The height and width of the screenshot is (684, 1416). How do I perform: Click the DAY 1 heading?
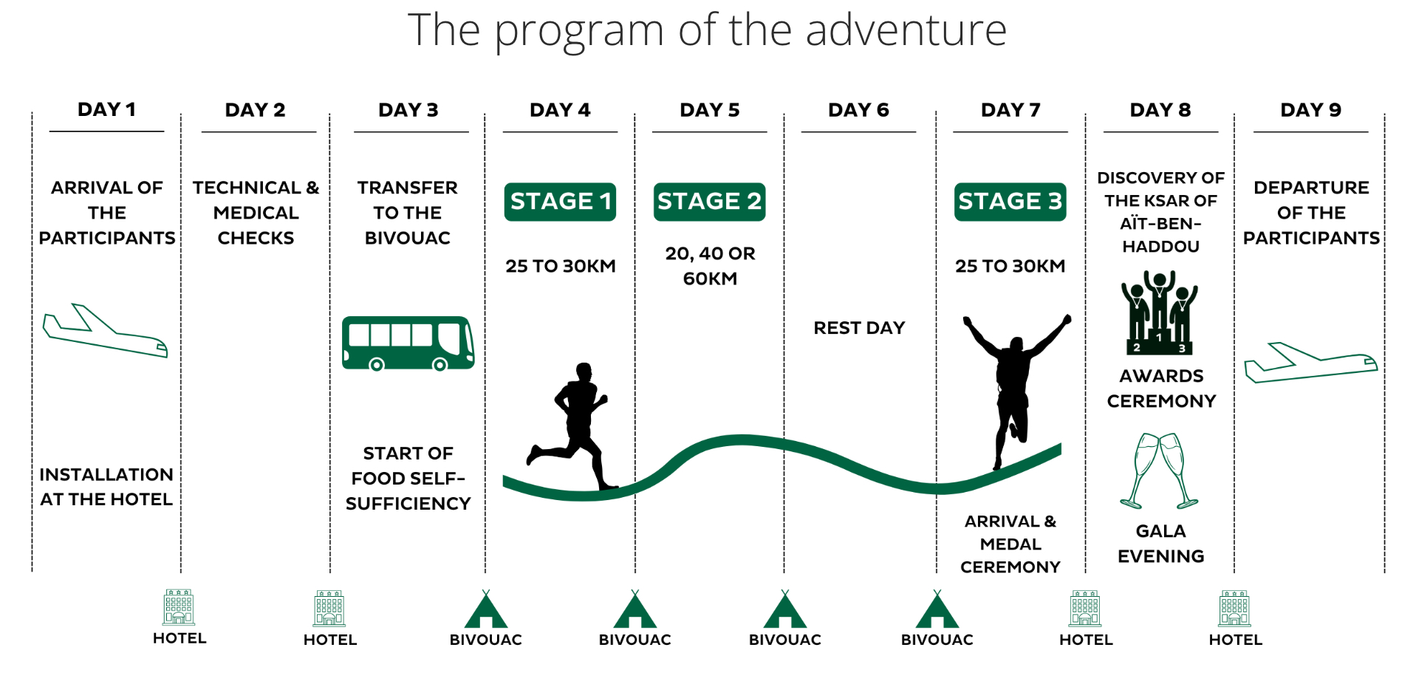coord(106,109)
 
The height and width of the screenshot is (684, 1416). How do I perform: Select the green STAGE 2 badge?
coord(709,202)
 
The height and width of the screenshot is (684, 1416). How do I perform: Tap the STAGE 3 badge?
coord(1010,202)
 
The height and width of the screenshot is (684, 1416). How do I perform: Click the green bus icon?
coord(408,343)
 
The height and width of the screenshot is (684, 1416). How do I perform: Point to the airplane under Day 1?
coord(105,331)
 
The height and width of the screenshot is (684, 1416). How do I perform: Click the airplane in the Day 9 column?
coord(1310,362)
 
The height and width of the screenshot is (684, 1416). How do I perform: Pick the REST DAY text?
coord(859,328)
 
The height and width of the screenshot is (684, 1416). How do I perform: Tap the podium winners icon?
coord(1159,312)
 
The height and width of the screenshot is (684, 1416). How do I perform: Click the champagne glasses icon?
coord(1159,471)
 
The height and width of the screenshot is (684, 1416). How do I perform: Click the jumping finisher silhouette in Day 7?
coord(1016,388)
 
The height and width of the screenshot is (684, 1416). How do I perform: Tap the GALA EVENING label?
coord(1160,544)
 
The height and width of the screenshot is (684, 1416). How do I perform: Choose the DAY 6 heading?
coord(858,110)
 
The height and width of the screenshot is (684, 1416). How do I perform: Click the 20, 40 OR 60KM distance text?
coord(710,266)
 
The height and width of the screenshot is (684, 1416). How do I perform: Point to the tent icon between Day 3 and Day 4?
coord(486,609)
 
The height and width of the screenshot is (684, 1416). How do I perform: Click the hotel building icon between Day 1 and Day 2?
coord(179,607)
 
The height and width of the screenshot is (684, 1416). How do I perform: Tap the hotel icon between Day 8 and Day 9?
coord(1235,609)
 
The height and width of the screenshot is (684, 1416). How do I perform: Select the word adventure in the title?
coord(906,30)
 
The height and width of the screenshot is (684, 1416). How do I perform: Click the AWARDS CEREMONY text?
coord(1161,389)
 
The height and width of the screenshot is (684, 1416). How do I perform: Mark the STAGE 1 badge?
coord(560,202)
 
